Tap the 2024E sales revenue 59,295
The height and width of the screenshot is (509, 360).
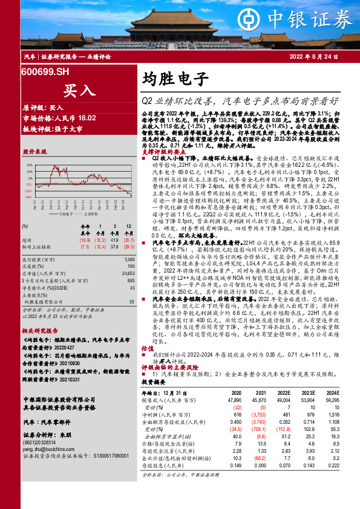click(332, 400)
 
